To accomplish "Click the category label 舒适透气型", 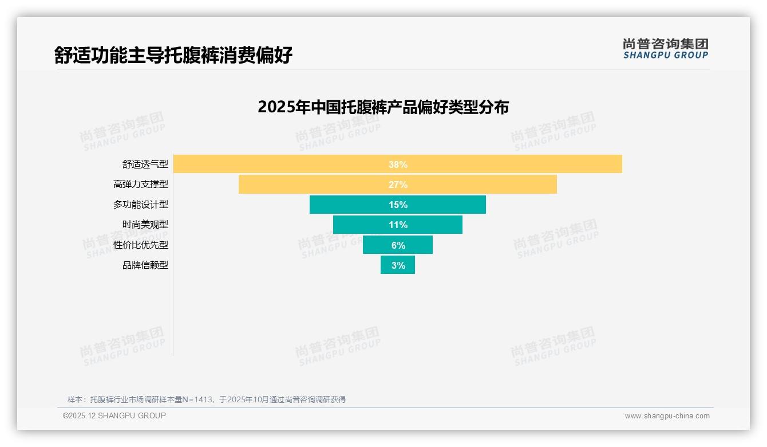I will click(145, 164).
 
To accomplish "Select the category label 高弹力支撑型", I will click(141, 185).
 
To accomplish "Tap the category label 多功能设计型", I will click(141, 205).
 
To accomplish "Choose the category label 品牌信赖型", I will click(145, 265).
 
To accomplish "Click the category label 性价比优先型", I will click(141, 245).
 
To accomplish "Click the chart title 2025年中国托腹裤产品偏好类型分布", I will click(383, 107).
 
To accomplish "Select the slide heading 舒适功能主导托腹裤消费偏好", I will click(173, 55).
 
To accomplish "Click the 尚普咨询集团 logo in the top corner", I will click(665, 49).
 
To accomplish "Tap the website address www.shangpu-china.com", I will click(667, 416).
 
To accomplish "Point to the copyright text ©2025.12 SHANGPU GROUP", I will click(114, 415).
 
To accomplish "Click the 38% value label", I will click(398, 164).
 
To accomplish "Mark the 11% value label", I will click(398, 225).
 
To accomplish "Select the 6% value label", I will click(398, 245).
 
